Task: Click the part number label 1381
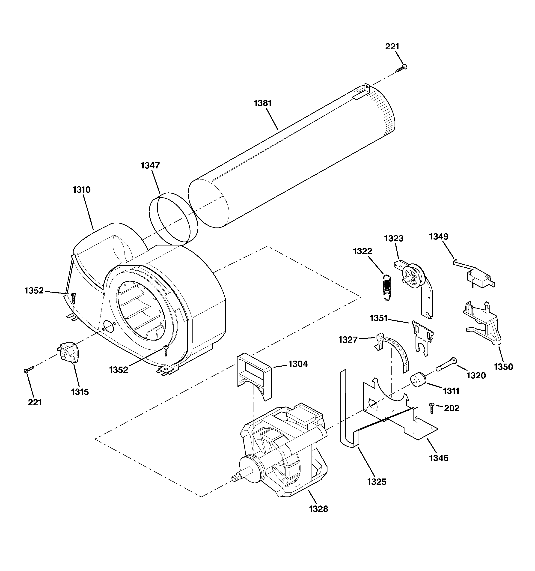(262, 103)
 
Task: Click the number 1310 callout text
(82, 190)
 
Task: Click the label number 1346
(439, 458)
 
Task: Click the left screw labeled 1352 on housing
(74, 298)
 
